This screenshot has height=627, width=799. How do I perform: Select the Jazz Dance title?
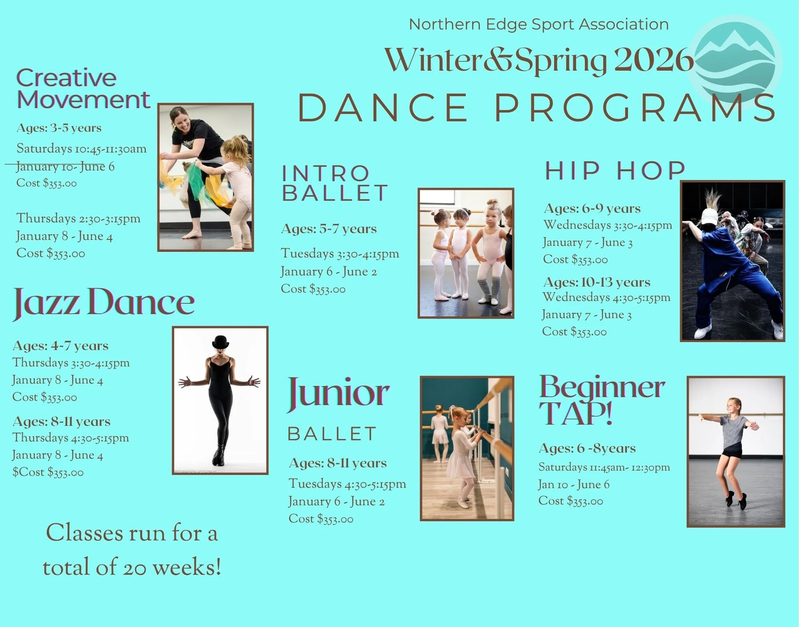(x=104, y=302)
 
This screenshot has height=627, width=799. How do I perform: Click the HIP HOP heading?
(x=615, y=171)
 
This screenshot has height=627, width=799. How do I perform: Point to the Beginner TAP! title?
(x=601, y=399)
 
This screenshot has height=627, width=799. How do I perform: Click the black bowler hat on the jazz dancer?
(x=221, y=342)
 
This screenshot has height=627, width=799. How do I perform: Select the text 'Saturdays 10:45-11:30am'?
(x=81, y=149)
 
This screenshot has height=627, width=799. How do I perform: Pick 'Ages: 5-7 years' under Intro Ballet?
(x=329, y=229)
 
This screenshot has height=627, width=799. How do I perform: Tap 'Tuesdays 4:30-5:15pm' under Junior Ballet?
(x=347, y=484)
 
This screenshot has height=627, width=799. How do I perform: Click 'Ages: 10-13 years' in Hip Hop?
(x=597, y=282)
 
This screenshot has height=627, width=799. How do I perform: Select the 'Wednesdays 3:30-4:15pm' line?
(x=608, y=225)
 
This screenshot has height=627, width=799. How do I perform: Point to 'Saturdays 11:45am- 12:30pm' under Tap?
(x=604, y=467)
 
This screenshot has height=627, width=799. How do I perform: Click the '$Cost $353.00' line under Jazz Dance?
(x=48, y=472)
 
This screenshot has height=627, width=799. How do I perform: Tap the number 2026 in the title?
(x=654, y=60)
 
